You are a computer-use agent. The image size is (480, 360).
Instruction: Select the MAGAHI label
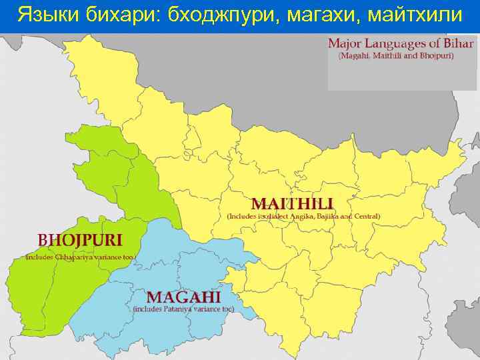click(183, 297)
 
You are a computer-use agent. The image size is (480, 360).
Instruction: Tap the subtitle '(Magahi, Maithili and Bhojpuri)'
click(396, 56)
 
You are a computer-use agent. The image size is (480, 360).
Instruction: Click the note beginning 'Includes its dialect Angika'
click(304, 217)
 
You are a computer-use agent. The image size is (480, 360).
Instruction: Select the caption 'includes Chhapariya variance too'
click(80, 257)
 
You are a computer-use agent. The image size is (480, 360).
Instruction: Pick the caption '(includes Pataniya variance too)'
click(183, 309)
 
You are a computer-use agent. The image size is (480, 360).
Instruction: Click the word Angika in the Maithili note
click(294, 217)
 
